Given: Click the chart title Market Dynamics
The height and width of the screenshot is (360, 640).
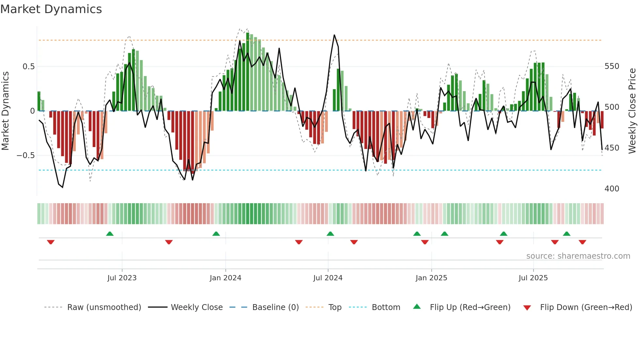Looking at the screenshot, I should [x=51, y=9].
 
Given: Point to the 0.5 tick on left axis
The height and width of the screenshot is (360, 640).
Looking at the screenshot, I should [x=28, y=67].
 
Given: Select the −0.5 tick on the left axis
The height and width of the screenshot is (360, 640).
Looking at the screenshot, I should [x=26, y=155].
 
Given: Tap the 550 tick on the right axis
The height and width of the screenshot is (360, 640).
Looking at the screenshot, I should [x=612, y=66].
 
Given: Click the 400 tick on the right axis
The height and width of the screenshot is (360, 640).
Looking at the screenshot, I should [x=612, y=189].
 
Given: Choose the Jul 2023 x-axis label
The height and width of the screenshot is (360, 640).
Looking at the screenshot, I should [x=122, y=278].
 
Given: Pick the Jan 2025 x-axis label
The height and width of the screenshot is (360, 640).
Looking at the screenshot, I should [x=431, y=278].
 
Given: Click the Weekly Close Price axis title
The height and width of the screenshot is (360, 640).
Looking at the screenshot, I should [x=632, y=111].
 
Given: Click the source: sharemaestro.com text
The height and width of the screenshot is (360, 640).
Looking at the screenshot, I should [x=578, y=256].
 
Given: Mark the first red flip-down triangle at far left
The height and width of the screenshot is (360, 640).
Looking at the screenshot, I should [x=51, y=242].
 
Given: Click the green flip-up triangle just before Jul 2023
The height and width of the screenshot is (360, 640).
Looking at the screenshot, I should [x=110, y=234].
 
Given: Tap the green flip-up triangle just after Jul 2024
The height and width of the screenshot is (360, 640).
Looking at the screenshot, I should [x=330, y=234].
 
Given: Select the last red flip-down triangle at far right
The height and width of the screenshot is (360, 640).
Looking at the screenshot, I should [x=582, y=242].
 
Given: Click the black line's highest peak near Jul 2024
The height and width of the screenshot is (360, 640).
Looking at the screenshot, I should [x=334, y=35].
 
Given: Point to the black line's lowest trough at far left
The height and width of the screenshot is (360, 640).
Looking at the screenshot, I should [x=62, y=187].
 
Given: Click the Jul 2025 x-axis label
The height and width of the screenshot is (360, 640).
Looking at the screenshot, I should [x=533, y=278].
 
